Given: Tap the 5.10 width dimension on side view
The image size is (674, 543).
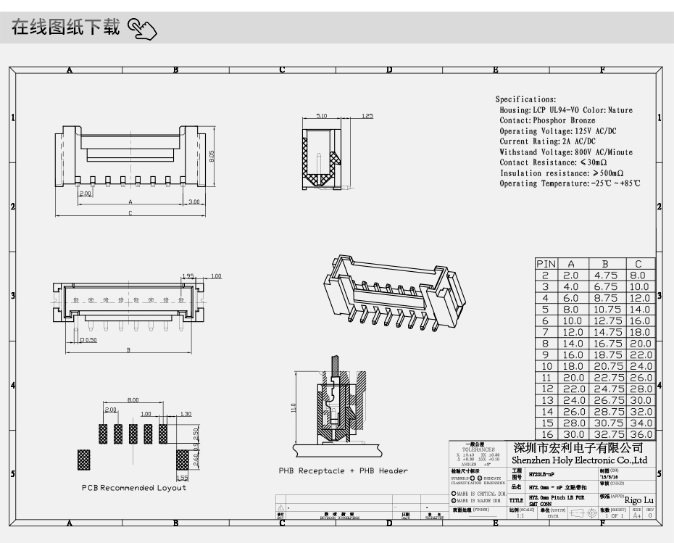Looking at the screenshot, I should (322, 116).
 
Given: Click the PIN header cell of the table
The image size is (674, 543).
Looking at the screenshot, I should (546, 264).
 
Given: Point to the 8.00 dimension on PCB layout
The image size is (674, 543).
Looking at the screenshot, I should (133, 399).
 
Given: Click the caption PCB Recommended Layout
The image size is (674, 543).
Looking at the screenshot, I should (133, 488).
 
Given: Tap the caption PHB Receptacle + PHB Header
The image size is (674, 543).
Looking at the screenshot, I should (343, 471).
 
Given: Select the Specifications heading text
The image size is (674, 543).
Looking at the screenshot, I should (525, 99).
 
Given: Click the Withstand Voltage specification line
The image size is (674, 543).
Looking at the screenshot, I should (565, 152).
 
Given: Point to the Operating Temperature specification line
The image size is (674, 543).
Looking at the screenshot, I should (570, 183).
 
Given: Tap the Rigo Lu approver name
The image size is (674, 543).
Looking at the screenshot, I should (638, 500).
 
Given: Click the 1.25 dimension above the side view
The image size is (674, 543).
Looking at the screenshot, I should (367, 116).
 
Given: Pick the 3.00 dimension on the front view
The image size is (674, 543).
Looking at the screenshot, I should (194, 202).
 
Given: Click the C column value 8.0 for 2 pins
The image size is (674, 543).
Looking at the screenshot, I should (638, 275).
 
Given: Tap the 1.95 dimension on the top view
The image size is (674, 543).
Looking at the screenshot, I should (188, 276).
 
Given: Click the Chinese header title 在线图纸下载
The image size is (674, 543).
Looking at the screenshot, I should (65, 28).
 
